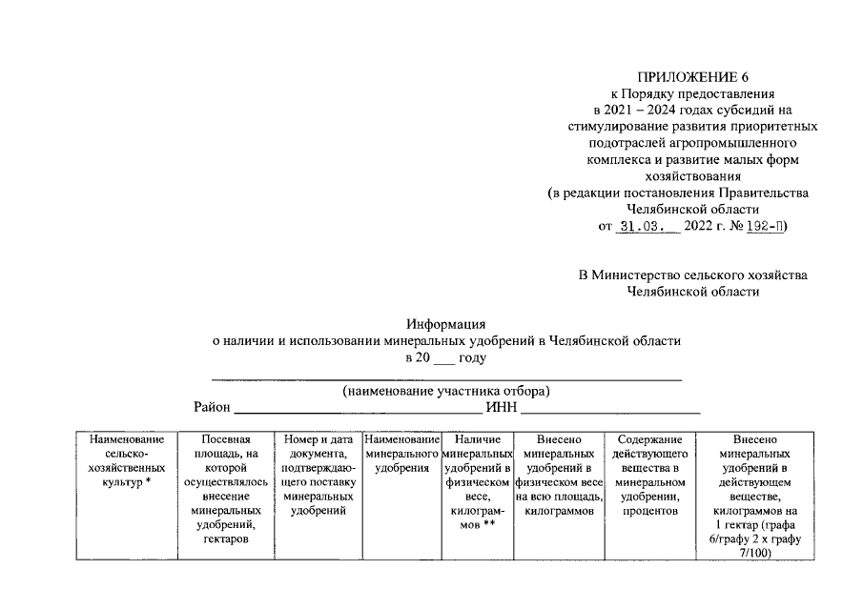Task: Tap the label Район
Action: (212, 408)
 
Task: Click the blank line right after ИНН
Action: (610, 408)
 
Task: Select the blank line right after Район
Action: (358, 408)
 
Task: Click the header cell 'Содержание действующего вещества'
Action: (651, 476)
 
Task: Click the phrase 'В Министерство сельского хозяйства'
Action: (692, 274)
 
